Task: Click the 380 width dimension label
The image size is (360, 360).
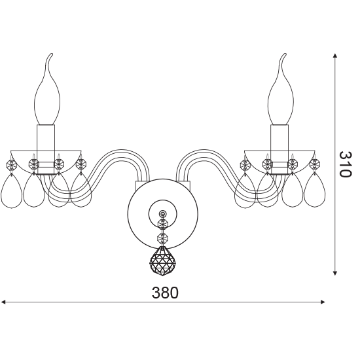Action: click(165, 293)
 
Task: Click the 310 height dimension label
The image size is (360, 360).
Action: click(345, 164)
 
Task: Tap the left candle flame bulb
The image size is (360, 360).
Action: click(47, 90)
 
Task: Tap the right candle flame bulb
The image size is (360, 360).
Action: click(281, 90)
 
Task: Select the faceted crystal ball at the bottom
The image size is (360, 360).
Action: click(162, 261)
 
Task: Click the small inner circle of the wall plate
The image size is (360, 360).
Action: click(163, 214)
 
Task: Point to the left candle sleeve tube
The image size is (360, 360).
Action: click(46, 149)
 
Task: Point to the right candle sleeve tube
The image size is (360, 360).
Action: click(279, 149)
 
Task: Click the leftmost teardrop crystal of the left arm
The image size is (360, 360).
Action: click(11, 191)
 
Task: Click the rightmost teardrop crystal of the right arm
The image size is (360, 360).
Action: click(315, 191)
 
